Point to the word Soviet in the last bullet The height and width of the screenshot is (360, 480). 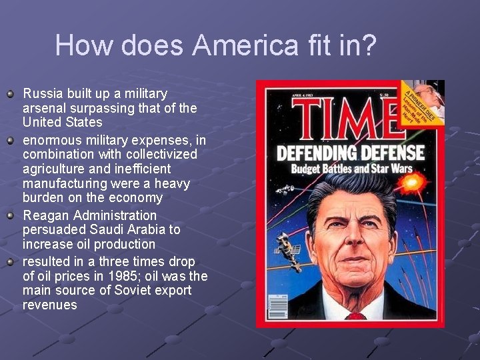click(117, 291)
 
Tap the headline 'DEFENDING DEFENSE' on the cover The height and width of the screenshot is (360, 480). click(350, 153)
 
